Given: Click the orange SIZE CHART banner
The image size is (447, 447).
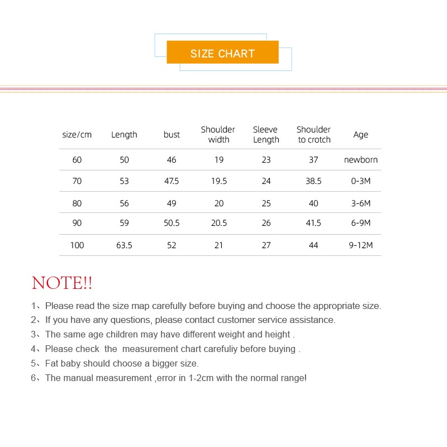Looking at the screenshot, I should [222, 53].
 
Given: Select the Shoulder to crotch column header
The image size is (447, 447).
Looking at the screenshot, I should [313, 135].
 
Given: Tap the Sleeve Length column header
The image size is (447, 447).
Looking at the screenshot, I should [266, 135].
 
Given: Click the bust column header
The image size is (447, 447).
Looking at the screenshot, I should [172, 135].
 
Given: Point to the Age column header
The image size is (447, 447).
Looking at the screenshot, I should [361, 135].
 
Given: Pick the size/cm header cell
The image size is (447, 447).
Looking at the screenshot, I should [77, 135].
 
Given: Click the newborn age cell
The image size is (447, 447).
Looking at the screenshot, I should [361, 160].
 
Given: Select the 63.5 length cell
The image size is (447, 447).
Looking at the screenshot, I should [124, 245].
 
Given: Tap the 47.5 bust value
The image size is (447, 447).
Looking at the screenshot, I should [172, 181].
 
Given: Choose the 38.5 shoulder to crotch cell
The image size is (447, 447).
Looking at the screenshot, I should [313, 181].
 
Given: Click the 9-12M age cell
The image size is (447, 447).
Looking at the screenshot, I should [361, 245].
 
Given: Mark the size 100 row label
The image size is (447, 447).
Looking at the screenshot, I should [77, 245].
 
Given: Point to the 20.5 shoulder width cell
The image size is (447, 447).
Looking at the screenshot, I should [219, 223].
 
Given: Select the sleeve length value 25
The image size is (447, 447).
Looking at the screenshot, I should [266, 203].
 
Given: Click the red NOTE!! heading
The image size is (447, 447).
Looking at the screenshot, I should [62, 283].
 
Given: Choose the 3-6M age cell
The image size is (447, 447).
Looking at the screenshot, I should [361, 203].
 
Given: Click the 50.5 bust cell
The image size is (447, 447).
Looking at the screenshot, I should [172, 223].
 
